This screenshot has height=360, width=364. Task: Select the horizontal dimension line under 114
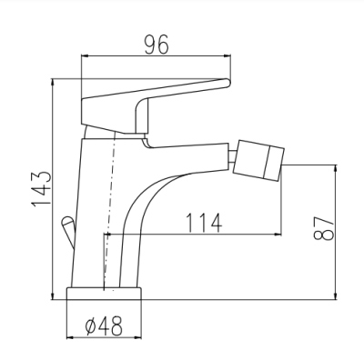point(196,234)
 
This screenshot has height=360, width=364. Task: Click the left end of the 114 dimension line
point(108,234)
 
